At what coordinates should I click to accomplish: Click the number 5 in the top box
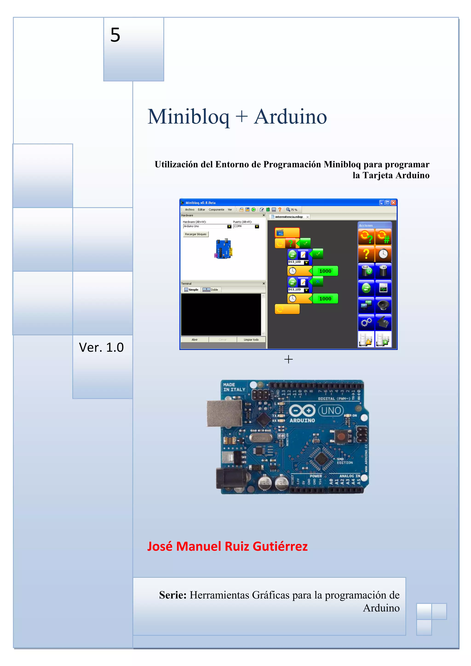(x=115, y=35)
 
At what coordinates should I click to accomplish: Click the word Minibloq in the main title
(x=188, y=117)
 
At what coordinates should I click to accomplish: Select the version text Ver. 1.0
(x=101, y=347)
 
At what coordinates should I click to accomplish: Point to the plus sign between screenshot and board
(x=288, y=359)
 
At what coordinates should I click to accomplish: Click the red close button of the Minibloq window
(x=393, y=203)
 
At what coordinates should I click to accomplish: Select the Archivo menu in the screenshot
(x=190, y=209)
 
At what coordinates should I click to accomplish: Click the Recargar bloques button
(x=195, y=234)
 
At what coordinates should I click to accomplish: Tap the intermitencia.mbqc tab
(x=289, y=217)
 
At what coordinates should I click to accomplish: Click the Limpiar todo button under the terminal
(x=251, y=340)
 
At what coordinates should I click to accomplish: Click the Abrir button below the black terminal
(x=194, y=340)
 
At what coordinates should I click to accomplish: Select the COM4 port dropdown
(x=246, y=226)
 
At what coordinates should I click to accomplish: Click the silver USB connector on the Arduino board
(x=224, y=414)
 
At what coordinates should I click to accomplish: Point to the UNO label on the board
(x=331, y=410)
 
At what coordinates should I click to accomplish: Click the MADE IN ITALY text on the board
(x=234, y=387)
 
